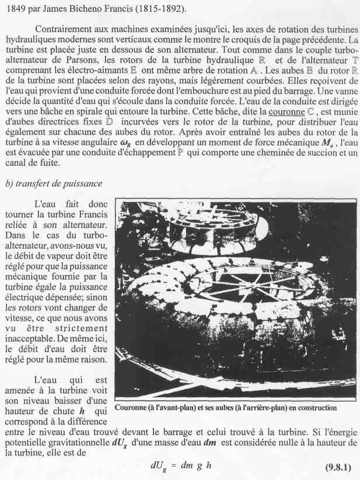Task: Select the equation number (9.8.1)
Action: [x=337, y=467]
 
